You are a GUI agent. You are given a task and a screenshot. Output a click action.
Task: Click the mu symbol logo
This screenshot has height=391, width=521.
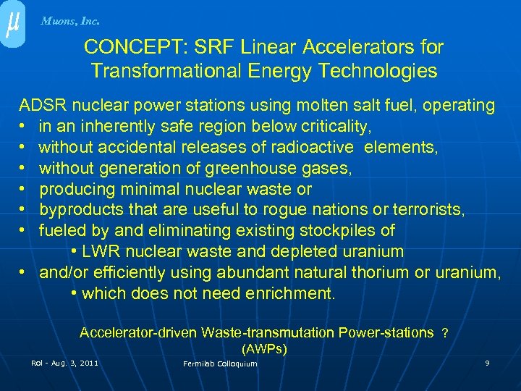click(12, 24)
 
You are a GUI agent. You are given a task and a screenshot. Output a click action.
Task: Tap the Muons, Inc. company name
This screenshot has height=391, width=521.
click(70, 21)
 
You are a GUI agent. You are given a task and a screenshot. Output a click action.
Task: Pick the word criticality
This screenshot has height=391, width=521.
click(334, 127)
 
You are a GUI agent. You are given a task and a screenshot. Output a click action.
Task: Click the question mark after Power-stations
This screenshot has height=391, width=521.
click(445, 333)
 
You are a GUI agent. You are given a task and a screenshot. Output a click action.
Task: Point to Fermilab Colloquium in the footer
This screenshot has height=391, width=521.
click(220, 363)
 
